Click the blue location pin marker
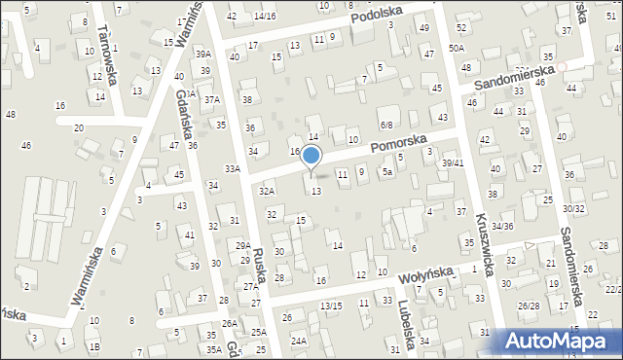coord(311,157)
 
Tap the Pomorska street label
coord(399,145)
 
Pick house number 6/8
coord(386,125)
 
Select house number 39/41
coord(453,162)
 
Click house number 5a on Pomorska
coord(386,172)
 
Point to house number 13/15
coord(331,306)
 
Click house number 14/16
coord(264,17)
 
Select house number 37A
coord(212,99)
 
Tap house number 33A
coord(232,168)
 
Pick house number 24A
coord(298,341)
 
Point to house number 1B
coord(94,346)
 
